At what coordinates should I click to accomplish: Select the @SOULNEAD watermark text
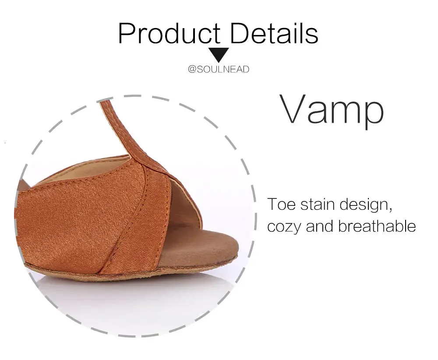coord(219,69)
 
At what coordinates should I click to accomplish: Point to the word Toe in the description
coord(281,204)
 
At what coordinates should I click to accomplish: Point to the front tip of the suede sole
coord(237,255)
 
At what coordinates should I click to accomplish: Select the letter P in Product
coord(127,33)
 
